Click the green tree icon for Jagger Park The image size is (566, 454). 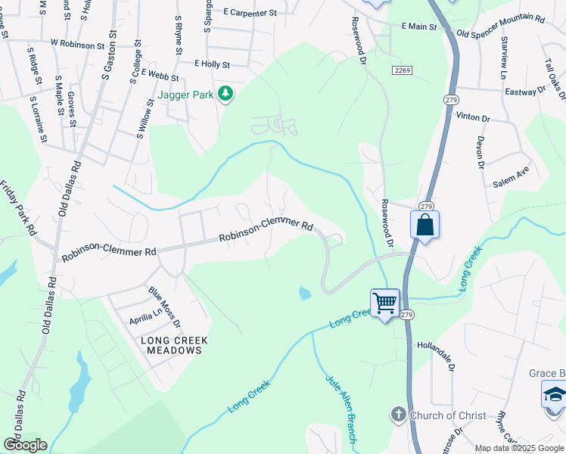point(225,94)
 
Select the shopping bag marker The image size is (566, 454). point(424,225)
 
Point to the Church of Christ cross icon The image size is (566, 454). point(399,415)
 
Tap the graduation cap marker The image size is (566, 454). point(554,396)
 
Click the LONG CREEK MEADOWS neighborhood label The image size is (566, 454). point(173,346)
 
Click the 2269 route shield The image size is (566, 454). point(402,70)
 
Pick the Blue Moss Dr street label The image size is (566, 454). point(165,306)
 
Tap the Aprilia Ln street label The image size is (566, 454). point(147,313)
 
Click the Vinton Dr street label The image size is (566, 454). point(473,118)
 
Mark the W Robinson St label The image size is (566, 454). point(77,45)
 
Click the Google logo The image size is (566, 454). point(24,445)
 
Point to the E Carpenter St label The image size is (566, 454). point(250,13)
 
